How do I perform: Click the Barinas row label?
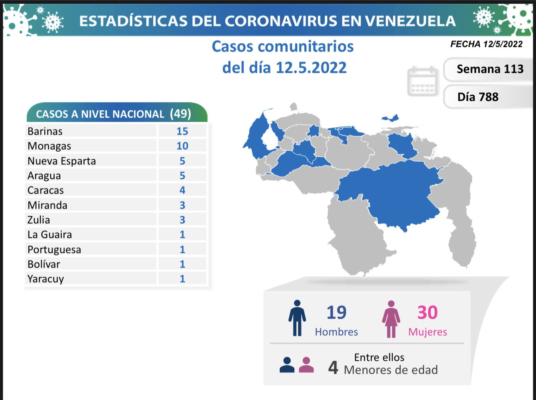click(x=45, y=131)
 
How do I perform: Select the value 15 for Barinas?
click(x=182, y=131)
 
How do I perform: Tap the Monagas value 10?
click(x=182, y=146)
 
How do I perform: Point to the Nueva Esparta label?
click(x=62, y=161)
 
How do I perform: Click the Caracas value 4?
click(x=182, y=190)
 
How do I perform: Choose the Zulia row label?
click(x=39, y=220)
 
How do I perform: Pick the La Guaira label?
click(x=50, y=234)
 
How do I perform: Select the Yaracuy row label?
click(x=46, y=279)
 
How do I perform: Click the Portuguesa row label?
click(x=54, y=250)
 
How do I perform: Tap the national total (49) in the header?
click(x=180, y=114)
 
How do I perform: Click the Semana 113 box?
click(x=490, y=69)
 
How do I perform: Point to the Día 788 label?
click(x=478, y=97)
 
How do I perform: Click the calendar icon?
click(x=422, y=81)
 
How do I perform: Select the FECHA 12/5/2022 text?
click(x=486, y=44)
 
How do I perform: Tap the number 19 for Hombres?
click(x=336, y=313)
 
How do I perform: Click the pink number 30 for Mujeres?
click(x=427, y=313)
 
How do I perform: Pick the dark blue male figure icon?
click(x=297, y=318)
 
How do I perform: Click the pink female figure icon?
click(x=391, y=319)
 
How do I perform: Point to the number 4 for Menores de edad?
click(x=333, y=367)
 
